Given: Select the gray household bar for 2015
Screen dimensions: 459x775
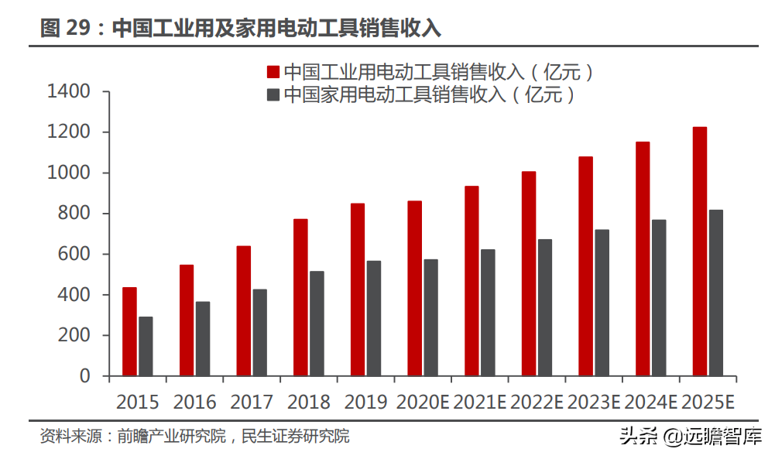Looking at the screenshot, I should click(146, 346).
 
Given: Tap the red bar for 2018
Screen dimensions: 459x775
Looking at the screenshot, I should click(300, 297).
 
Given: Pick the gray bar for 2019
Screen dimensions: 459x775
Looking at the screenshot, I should click(374, 318).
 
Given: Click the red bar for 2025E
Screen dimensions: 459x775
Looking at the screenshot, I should click(699, 252).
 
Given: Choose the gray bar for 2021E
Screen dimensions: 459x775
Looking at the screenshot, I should click(488, 313).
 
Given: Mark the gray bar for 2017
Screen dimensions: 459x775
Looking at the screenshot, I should click(260, 333).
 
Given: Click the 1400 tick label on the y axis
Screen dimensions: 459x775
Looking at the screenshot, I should click(69, 92).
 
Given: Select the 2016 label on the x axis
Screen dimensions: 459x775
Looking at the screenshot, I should click(194, 402).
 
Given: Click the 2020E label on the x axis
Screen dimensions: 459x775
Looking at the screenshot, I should click(423, 402).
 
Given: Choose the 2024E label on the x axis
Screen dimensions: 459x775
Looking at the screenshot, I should click(651, 402).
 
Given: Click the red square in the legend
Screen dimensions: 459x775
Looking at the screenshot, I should click(273, 72).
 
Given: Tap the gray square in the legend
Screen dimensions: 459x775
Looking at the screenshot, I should click(273, 95).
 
